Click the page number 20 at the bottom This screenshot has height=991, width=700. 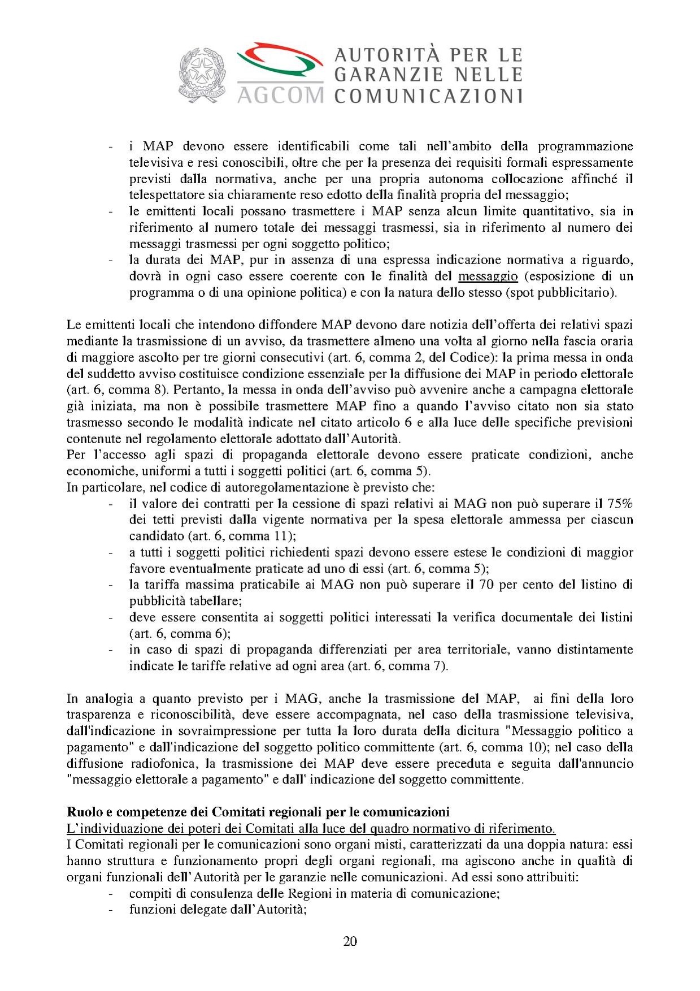(x=350, y=941)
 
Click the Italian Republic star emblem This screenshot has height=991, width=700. (x=202, y=74)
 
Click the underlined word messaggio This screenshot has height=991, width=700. (x=488, y=276)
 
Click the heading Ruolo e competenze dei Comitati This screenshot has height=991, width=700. (x=258, y=812)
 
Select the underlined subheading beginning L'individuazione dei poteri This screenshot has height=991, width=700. (x=311, y=829)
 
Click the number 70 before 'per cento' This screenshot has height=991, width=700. (x=486, y=585)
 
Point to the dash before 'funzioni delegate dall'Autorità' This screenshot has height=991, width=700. (x=111, y=910)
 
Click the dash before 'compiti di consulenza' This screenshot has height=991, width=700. (x=111, y=894)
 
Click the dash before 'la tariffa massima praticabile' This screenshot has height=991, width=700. (x=111, y=585)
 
